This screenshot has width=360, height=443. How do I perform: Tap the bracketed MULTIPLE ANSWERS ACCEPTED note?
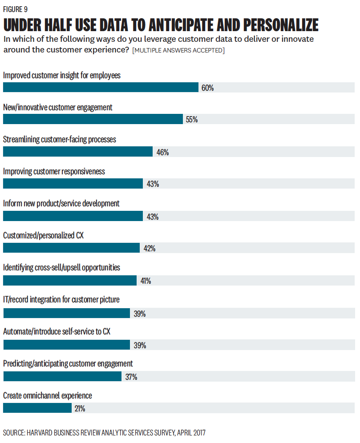coord(178,50)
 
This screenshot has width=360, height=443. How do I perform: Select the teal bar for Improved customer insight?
coord(101,87)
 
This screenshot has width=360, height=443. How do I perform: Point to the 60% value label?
coord(207,88)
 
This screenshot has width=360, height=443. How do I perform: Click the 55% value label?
coord(192,120)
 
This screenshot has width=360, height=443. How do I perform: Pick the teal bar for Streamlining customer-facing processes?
coord(77,151)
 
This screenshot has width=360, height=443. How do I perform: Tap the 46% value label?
coord(162,153)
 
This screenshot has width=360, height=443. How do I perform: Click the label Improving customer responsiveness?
coord(54,171)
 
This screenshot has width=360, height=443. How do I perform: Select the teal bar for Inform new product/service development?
coord(73,216)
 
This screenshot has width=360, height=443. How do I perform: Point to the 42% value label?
coord(149,249)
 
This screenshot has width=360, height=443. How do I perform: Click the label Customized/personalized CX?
coord(43,235)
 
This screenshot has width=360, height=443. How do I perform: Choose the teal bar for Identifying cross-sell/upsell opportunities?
coord(69,280)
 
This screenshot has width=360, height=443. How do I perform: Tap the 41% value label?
coord(146,281)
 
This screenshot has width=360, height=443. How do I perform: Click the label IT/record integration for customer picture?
coord(61,300)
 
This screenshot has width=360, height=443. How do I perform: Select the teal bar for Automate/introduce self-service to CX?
coord(66,345)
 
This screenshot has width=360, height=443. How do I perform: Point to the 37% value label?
coord(131,377)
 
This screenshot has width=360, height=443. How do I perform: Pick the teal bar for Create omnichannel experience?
coord(37,408)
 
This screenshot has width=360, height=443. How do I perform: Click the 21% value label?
coord(80,409)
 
